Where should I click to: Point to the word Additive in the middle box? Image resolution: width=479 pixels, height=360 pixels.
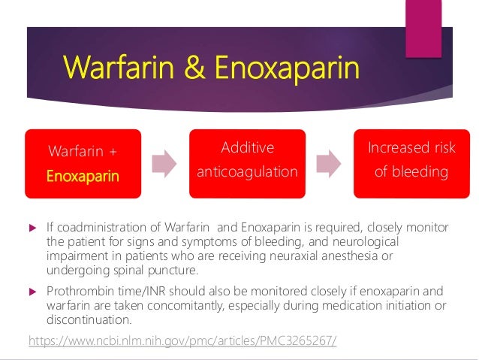tap(247, 148)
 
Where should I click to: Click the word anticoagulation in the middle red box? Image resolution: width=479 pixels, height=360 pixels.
tap(247, 172)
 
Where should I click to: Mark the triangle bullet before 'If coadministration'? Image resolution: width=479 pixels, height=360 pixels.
tap(32, 225)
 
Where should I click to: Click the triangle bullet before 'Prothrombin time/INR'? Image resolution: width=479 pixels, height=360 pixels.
tap(32, 292)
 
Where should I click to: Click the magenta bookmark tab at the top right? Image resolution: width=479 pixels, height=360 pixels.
tap(423, 27)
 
